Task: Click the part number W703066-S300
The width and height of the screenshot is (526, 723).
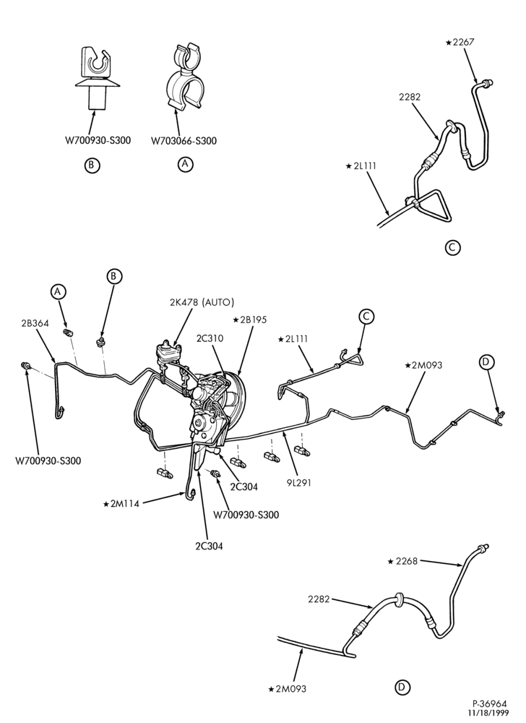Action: (184, 141)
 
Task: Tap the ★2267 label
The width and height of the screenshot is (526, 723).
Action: (460, 43)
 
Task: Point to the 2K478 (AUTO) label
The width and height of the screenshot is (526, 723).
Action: (202, 302)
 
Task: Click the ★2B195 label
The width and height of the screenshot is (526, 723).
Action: (250, 320)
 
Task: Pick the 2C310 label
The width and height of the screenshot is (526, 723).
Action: (210, 338)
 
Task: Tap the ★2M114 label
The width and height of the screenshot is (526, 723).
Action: (121, 503)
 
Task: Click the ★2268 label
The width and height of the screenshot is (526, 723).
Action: (402, 561)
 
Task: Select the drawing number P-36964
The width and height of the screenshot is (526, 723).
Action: (490, 704)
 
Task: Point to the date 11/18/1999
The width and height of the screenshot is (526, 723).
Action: (486, 714)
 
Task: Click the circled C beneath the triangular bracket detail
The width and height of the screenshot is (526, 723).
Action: (453, 247)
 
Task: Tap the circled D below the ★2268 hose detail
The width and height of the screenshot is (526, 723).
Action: (402, 688)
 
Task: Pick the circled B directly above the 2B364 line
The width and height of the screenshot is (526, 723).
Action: (113, 276)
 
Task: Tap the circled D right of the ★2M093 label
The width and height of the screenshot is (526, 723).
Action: (486, 363)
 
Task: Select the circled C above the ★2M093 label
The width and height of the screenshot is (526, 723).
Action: (366, 317)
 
